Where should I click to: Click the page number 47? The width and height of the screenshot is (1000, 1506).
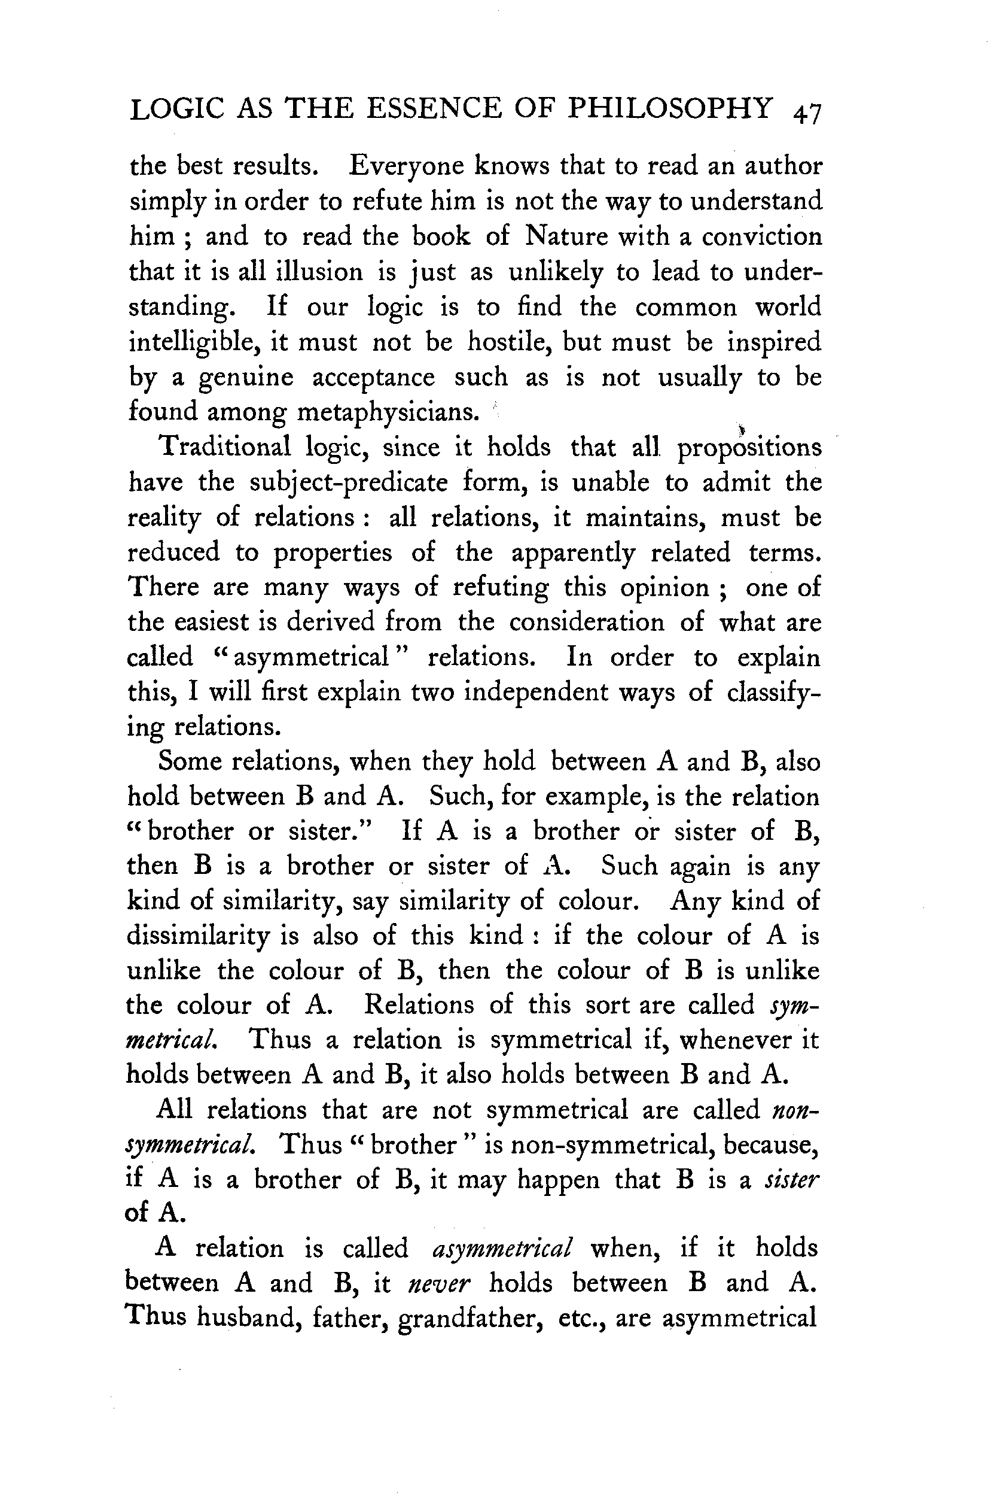tap(807, 113)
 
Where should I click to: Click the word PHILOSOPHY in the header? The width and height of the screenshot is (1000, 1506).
tap(670, 108)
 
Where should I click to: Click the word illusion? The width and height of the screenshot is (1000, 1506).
tap(319, 272)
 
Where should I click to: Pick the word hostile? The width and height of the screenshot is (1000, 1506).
tap(510, 342)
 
